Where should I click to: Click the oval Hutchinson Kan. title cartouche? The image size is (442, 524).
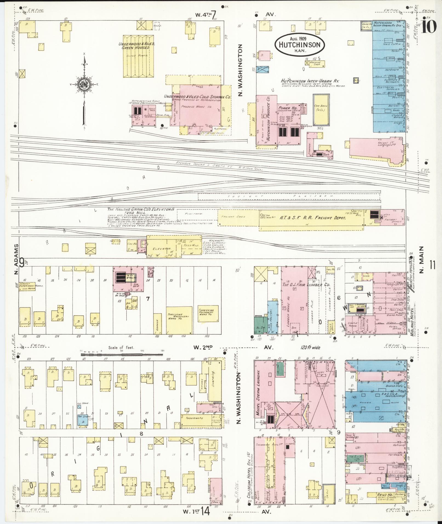pos(300,45)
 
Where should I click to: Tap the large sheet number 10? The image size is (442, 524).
pos(429,25)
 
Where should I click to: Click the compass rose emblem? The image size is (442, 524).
pos(84,85)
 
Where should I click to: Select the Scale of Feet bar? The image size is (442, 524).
pos(122,354)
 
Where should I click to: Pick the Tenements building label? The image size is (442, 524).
pos(194,426)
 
